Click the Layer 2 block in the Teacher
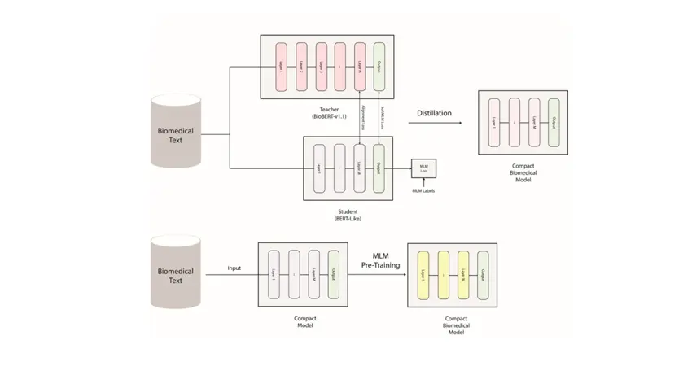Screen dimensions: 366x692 pyautogui.click(x=300, y=66)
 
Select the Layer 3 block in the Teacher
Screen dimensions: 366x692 pyautogui.click(x=321, y=66)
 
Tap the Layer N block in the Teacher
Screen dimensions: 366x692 pyautogui.click(x=360, y=66)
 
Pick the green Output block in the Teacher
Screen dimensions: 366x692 pyautogui.click(x=379, y=66)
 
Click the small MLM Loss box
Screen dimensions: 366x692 pyautogui.click(x=423, y=168)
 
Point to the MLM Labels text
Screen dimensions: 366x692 pyautogui.click(x=423, y=191)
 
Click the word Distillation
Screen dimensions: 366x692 pyautogui.click(x=434, y=113)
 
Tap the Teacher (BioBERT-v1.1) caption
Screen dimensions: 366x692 pyautogui.click(x=328, y=113)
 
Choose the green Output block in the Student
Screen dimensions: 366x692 pyautogui.click(x=379, y=168)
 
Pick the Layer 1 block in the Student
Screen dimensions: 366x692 pyautogui.click(x=318, y=168)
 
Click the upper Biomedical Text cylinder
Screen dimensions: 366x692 pyautogui.click(x=176, y=133)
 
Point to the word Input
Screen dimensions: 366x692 pyautogui.click(x=234, y=268)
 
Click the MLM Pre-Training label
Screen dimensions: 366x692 pyautogui.click(x=381, y=261)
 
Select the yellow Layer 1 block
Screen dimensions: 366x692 pyautogui.click(x=423, y=275)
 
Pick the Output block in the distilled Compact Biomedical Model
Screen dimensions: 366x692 pyautogui.click(x=554, y=122)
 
